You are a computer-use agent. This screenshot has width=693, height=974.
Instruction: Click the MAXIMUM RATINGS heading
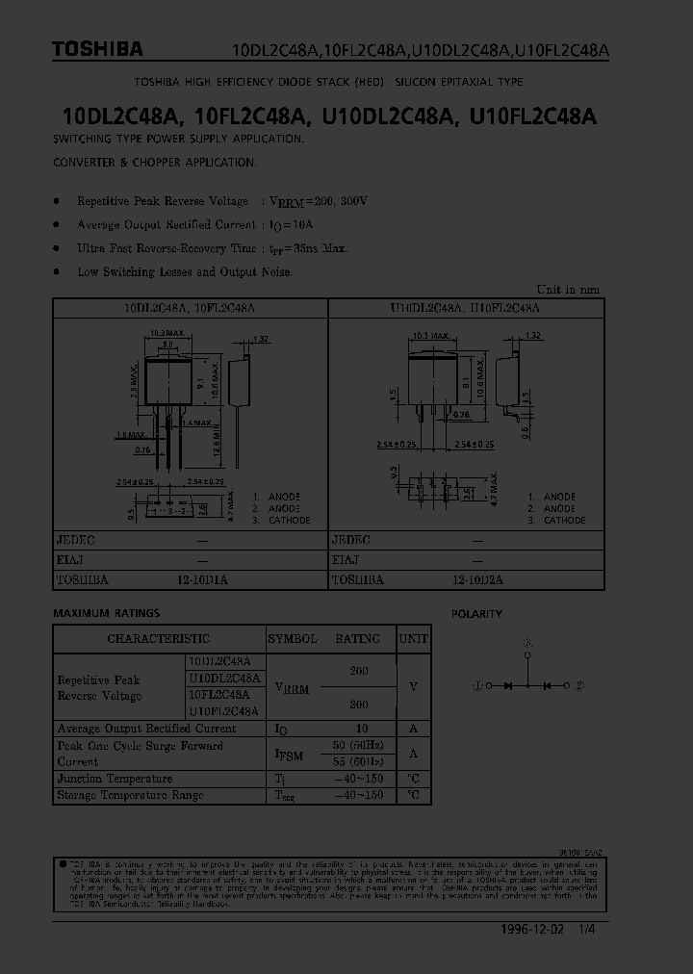[x=106, y=613]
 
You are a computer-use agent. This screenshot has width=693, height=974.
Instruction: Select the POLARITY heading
[x=477, y=614]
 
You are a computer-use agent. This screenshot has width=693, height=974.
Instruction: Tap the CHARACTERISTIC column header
[x=158, y=639]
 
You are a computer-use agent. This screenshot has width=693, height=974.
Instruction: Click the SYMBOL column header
[x=292, y=639]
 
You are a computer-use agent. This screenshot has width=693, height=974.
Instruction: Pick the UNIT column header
[x=414, y=639]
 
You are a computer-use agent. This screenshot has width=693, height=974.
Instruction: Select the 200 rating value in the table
[x=358, y=670]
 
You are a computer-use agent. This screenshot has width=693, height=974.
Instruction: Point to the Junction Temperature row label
[x=115, y=779]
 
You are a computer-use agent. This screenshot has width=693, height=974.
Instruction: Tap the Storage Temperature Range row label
[x=130, y=795]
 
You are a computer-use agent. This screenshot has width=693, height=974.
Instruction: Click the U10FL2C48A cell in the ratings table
[x=223, y=711]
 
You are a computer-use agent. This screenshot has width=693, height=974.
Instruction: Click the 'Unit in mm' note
[x=568, y=289]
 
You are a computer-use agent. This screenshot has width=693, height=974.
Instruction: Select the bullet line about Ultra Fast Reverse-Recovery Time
[x=212, y=248]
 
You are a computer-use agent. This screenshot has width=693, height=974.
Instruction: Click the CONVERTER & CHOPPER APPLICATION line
[x=154, y=163]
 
